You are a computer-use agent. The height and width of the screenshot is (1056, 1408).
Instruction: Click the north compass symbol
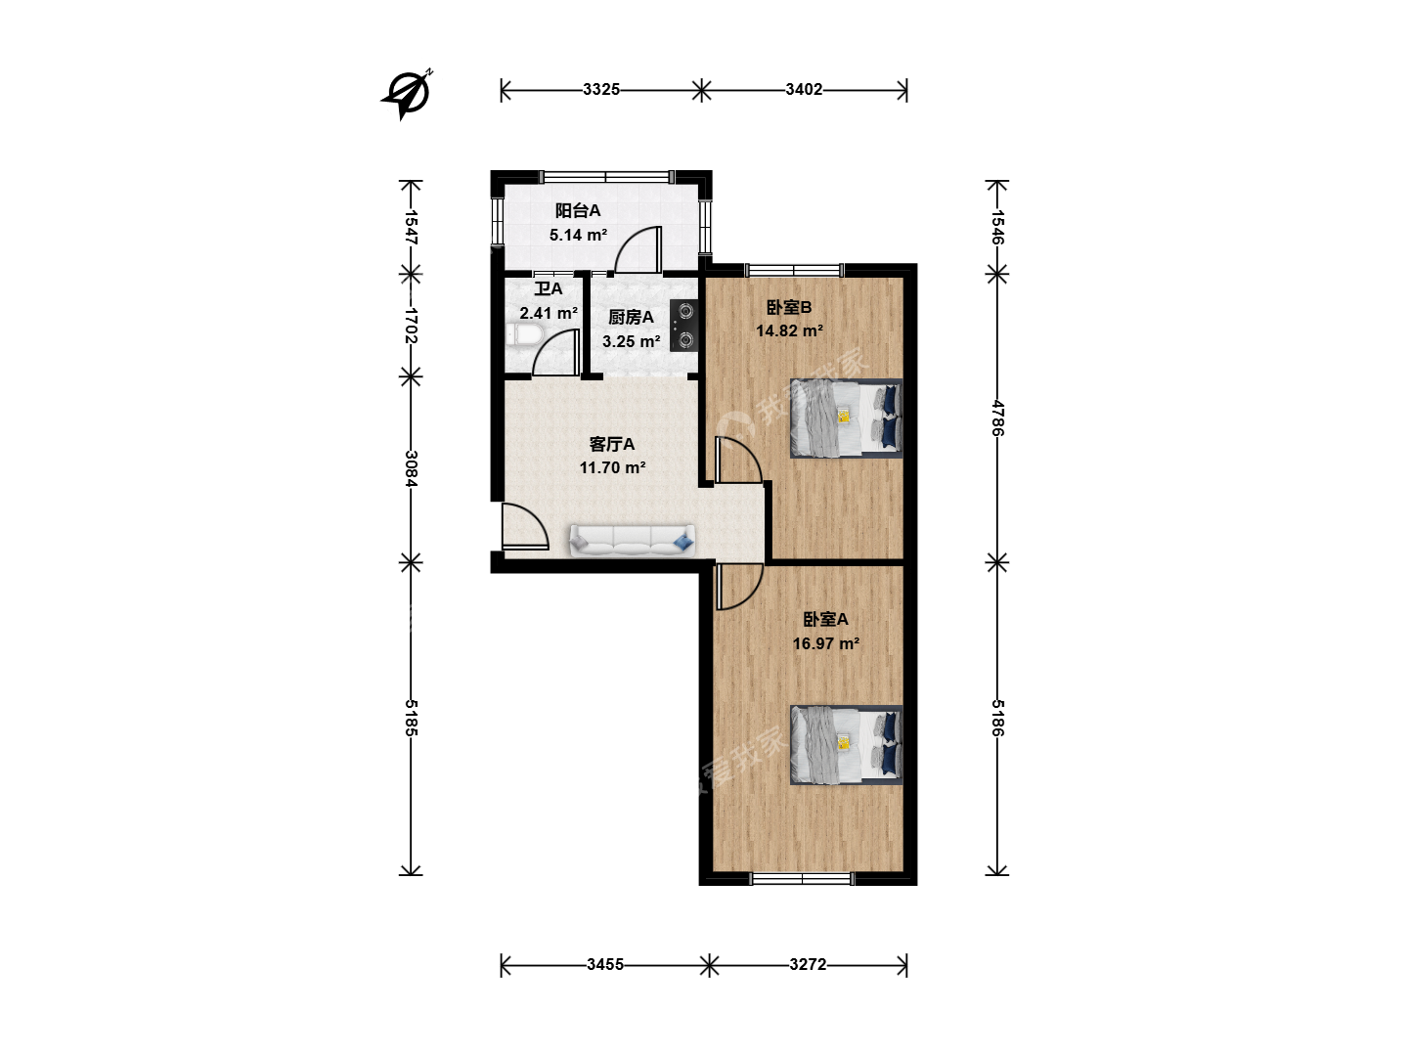407,95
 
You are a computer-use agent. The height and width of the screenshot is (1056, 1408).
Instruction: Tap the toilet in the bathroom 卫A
524,335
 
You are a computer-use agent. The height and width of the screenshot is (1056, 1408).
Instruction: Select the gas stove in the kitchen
683,326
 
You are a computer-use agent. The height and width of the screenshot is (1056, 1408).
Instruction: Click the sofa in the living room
632,541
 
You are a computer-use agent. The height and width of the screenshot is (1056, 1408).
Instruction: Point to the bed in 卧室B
846,418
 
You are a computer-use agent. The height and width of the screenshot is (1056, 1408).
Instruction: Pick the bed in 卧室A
846,745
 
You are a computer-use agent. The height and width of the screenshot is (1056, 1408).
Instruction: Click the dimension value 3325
601,90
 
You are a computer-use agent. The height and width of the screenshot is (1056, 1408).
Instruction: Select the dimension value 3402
804,90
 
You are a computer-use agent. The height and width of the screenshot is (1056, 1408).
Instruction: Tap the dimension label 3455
605,965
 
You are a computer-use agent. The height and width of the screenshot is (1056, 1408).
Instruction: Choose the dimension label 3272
808,965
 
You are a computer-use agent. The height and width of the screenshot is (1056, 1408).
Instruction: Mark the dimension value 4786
997,418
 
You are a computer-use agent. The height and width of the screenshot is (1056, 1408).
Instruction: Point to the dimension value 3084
412,468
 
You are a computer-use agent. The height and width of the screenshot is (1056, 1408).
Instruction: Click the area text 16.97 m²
825,643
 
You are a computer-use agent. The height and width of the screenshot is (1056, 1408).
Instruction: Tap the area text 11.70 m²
612,468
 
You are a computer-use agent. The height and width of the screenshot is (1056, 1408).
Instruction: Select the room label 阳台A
577,210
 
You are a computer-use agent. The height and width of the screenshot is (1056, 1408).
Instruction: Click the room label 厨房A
631,317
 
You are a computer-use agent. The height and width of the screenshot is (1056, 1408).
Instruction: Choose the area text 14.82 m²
789,330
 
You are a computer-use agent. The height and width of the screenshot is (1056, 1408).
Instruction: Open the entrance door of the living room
525,527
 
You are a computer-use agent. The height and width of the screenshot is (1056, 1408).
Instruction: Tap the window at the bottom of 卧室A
802,878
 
